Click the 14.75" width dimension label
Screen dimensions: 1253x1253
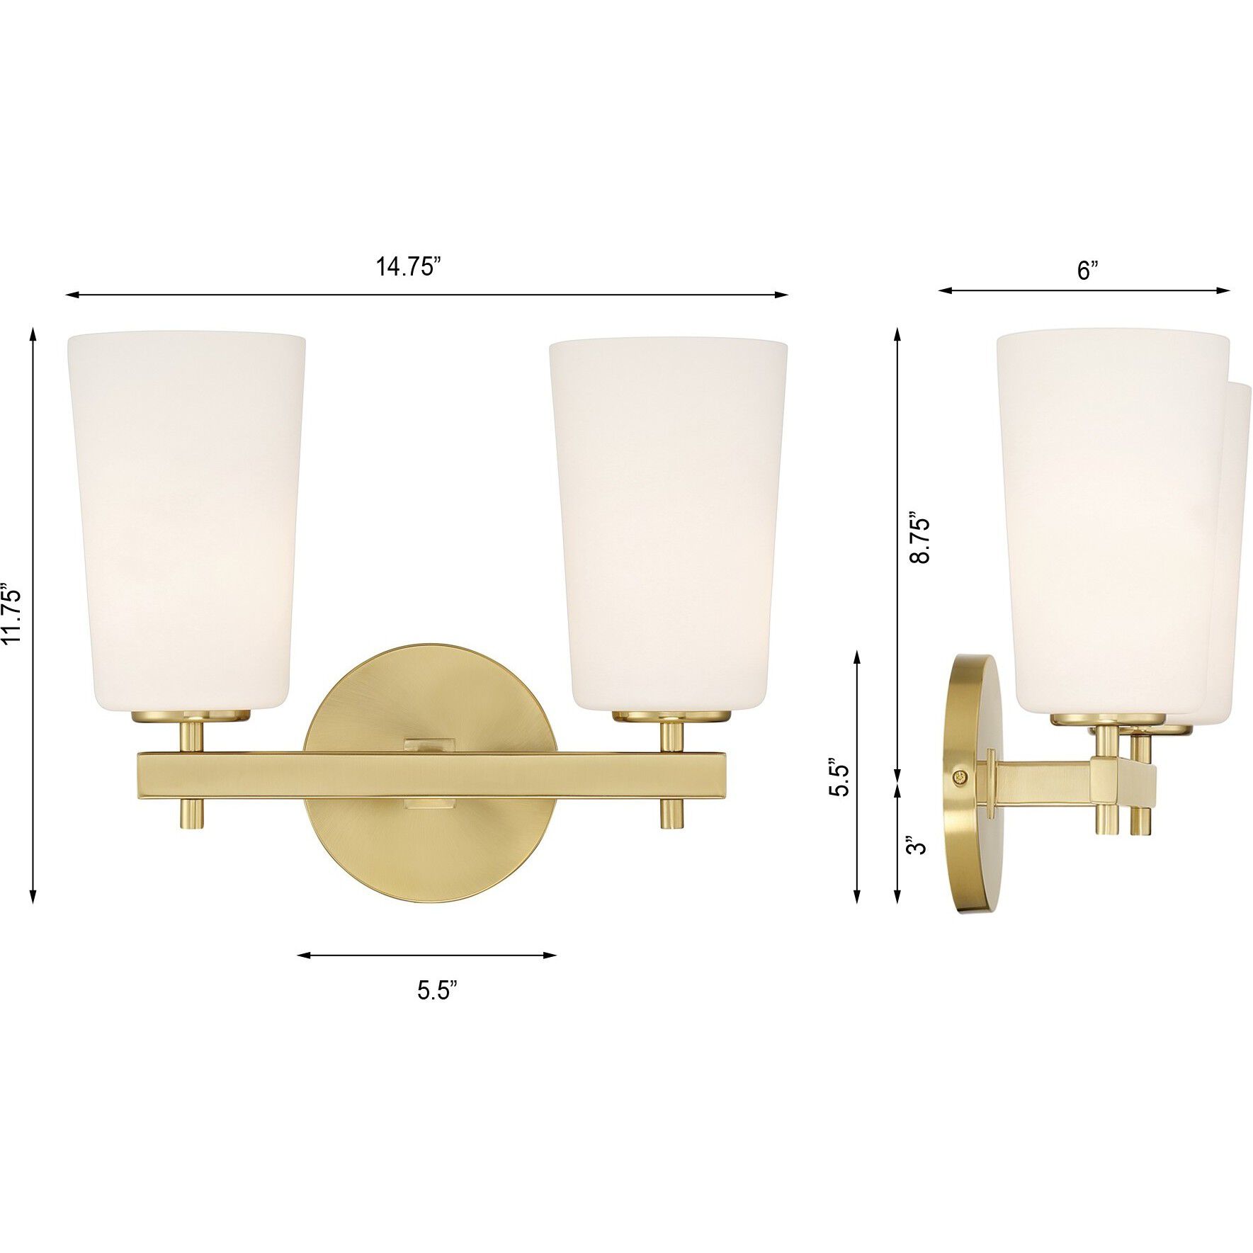click(409, 267)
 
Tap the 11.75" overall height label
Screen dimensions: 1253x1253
click(13, 614)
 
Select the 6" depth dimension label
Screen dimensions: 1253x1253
click(1087, 270)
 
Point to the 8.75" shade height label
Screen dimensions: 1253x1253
click(919, 531)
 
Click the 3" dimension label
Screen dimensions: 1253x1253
click(918, 846)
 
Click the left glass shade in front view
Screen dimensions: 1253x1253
click(186, 521)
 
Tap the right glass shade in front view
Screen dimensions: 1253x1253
click(669, 524)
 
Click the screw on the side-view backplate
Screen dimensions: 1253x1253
click(960, 777)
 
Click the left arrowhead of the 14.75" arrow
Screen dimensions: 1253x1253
click(69, 295)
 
